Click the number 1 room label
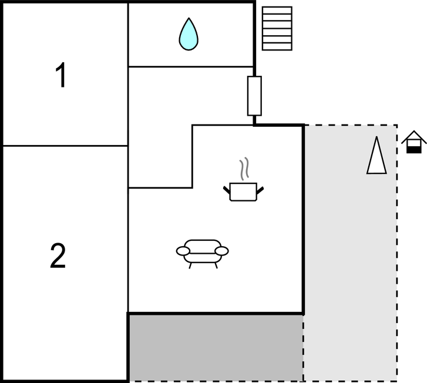point(60,76)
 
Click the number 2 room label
point(58,256)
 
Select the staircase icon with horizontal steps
point(277,28)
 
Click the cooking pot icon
point(243,192)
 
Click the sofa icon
point(202,252)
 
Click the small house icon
point(414,142)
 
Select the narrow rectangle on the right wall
point(254,96)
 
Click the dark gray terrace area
point(216,347)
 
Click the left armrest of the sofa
point(183,251)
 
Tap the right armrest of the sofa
point(221,251)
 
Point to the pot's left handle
point(227,189)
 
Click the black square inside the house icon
point(414,149)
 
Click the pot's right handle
point(260,189)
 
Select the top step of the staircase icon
point(277,10)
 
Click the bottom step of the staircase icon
point(277,46)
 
